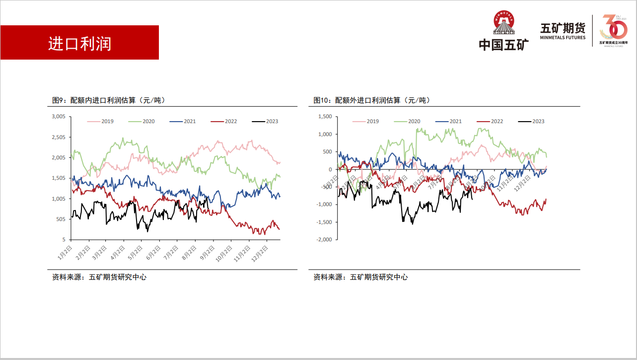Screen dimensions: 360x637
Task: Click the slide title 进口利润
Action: pos(79,43)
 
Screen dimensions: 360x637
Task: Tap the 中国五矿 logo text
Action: pos(503,45)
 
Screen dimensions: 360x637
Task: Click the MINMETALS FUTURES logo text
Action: pos(563,37)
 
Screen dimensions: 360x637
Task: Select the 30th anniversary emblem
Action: pos(614,30)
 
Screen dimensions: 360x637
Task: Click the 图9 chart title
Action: pos(109,100)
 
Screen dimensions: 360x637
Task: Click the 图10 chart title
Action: pos(372,100)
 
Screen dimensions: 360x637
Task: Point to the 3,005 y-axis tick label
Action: pos(59,117)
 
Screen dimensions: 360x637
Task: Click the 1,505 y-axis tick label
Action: pos(59,178)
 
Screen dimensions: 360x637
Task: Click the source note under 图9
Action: pos(99,277)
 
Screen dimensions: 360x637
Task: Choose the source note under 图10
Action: pos(360,277)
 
